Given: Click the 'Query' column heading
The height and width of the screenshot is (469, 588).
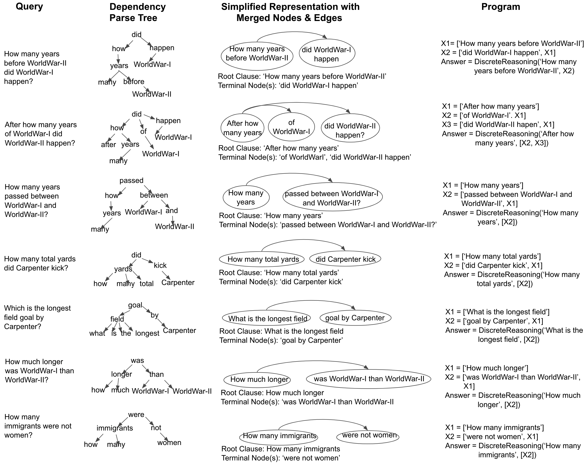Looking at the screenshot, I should coord(29,6).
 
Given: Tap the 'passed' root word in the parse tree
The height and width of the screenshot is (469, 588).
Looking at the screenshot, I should coord(131,180).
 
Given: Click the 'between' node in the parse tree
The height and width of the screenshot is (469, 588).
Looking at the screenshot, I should coord(154,195).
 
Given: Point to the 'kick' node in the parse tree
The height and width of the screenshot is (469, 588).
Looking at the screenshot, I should coord(160,265).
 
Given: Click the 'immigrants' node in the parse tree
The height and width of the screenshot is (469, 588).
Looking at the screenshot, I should coord(115,428).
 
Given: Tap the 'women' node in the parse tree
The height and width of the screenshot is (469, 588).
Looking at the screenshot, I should coord(169,443).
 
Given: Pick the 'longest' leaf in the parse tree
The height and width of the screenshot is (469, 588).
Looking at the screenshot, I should coord(147,333).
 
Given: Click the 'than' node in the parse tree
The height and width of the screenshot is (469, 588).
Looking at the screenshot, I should coord(157,374).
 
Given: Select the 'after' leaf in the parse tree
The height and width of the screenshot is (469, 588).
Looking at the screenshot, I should coord(108,144).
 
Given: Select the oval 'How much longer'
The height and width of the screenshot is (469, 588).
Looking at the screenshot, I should coord(259,379).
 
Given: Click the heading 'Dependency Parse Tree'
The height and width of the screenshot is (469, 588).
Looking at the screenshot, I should coord(137,12).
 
